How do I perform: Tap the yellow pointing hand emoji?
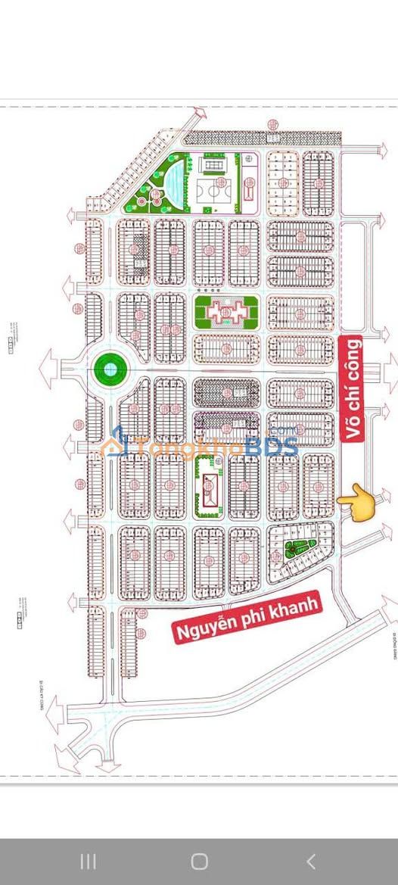pos(358,501)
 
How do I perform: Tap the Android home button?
pos(199,861)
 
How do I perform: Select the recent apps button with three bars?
pos(88,861)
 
